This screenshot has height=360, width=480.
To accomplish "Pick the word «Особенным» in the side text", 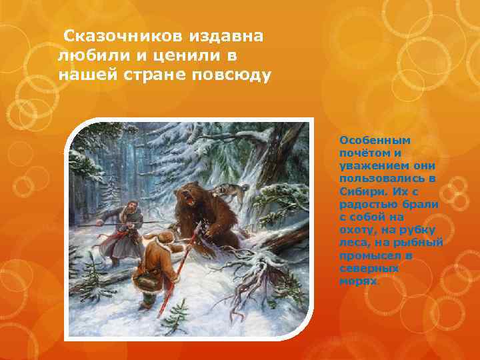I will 375,141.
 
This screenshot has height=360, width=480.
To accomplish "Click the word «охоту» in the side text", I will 357,229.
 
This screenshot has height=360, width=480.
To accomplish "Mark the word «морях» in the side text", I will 357,280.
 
